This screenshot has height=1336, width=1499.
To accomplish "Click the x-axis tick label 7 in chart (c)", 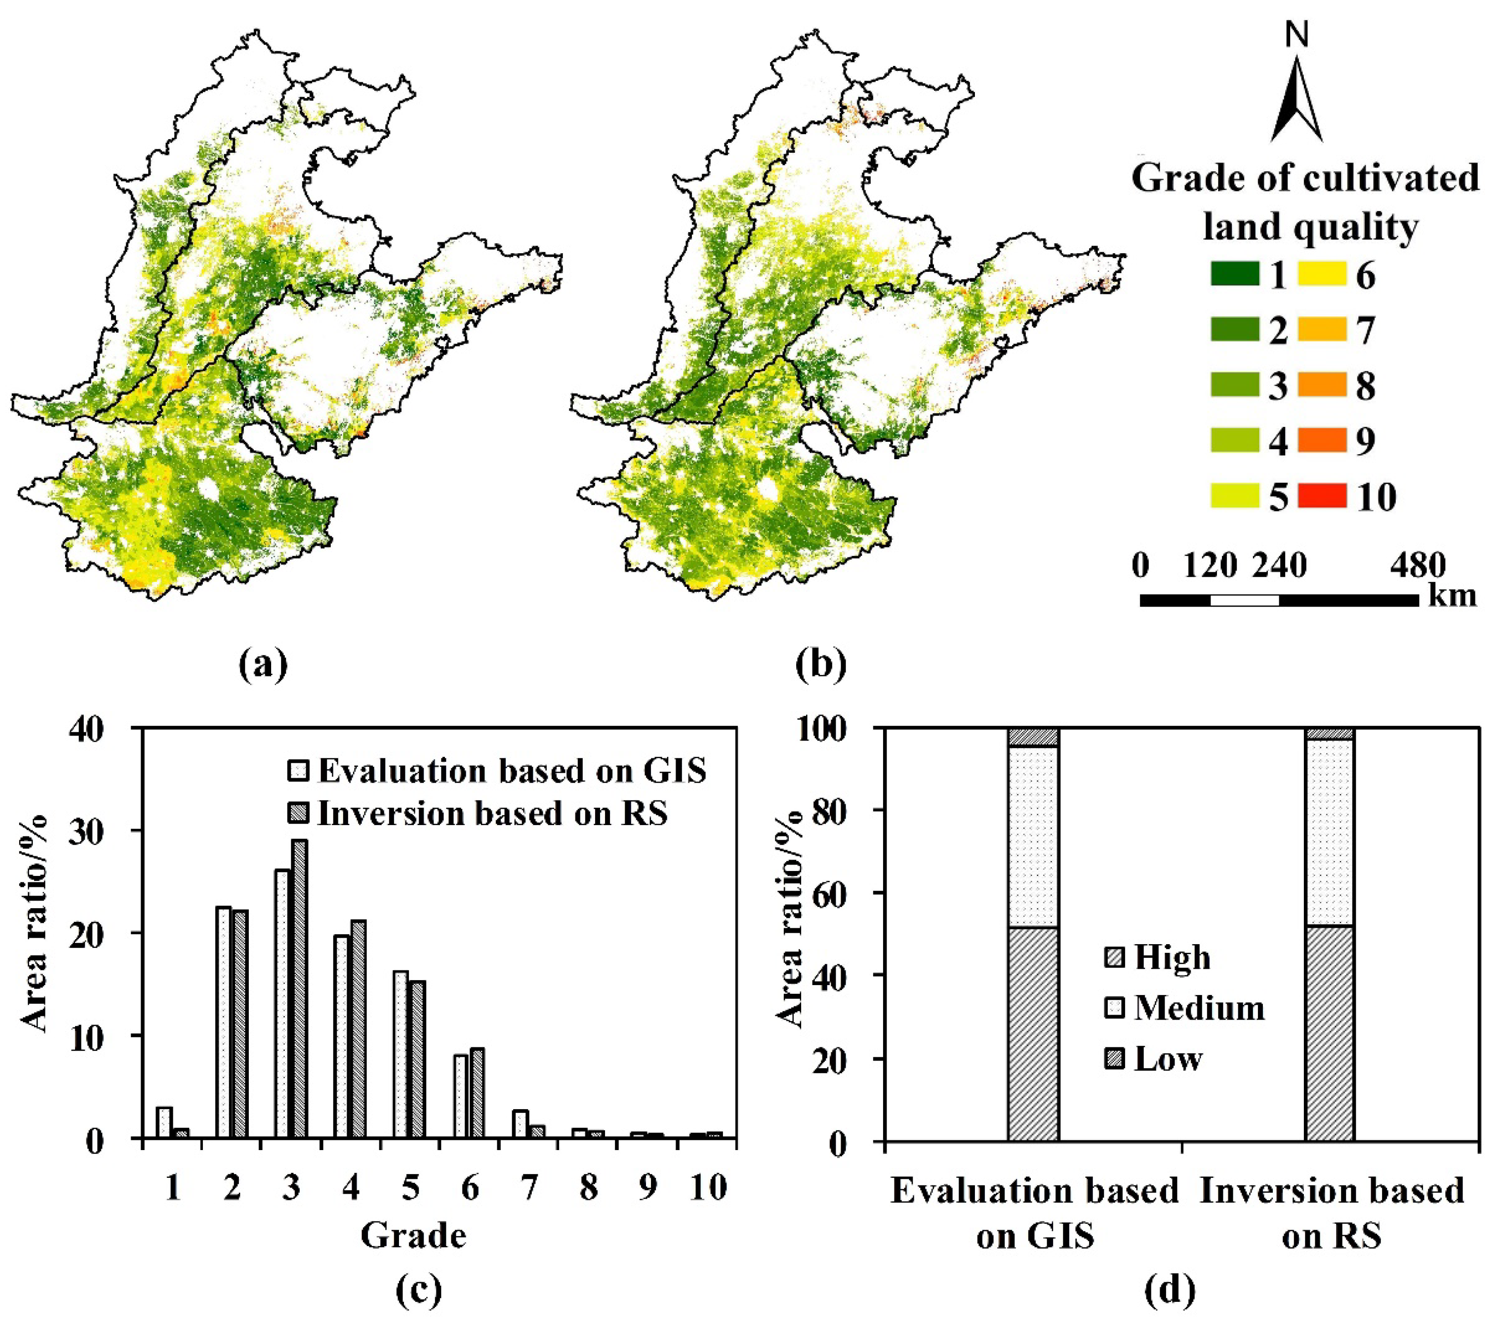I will tap(529, 1188).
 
